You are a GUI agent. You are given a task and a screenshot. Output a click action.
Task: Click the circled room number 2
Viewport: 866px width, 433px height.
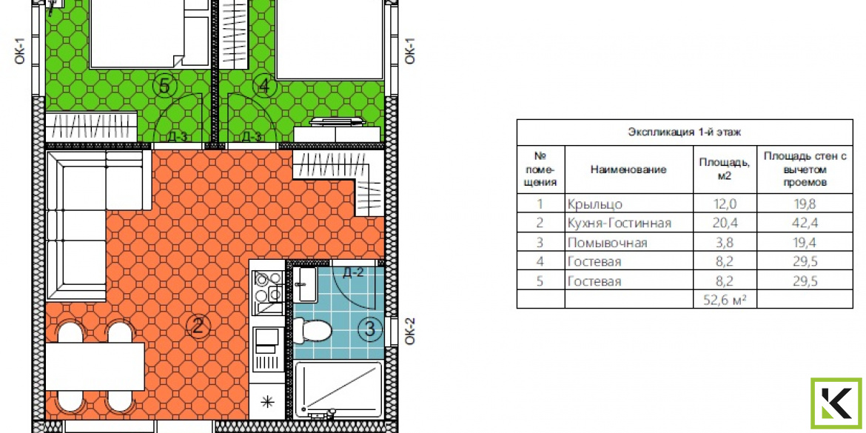click(198, 326)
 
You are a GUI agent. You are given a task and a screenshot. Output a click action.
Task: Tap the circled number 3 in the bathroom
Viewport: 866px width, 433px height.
click(370, 329)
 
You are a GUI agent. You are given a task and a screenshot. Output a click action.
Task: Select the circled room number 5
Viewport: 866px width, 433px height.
click(164, 86)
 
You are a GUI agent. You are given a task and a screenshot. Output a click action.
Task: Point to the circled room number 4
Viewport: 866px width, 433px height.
click(264, 86)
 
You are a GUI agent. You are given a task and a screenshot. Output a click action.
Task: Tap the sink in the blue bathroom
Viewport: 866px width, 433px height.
click(304, 284)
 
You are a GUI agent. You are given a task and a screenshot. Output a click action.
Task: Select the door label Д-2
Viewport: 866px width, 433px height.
click(353, 272)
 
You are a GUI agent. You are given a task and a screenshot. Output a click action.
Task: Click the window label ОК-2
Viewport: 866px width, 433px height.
click(409, 332)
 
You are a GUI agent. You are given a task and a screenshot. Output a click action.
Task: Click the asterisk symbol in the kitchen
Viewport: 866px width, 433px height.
click(267, 401)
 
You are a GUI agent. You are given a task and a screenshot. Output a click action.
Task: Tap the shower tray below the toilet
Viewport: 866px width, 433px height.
click(338, 389)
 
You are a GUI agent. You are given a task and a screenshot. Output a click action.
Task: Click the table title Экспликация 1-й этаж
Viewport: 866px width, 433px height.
click(685, 132)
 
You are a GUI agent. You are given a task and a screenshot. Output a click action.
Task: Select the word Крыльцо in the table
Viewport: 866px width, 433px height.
click(595, 204)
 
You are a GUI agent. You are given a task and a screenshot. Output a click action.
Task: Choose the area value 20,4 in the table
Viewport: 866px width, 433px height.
click(724, 223)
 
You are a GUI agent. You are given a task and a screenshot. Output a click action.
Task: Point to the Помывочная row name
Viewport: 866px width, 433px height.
click(607, 243)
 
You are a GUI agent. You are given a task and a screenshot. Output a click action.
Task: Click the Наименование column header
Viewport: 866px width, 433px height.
click(628, 169)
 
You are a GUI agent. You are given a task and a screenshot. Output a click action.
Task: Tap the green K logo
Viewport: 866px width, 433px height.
click(836, 403)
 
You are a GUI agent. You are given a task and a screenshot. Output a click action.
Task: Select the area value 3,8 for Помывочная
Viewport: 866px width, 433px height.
click(724, 243)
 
